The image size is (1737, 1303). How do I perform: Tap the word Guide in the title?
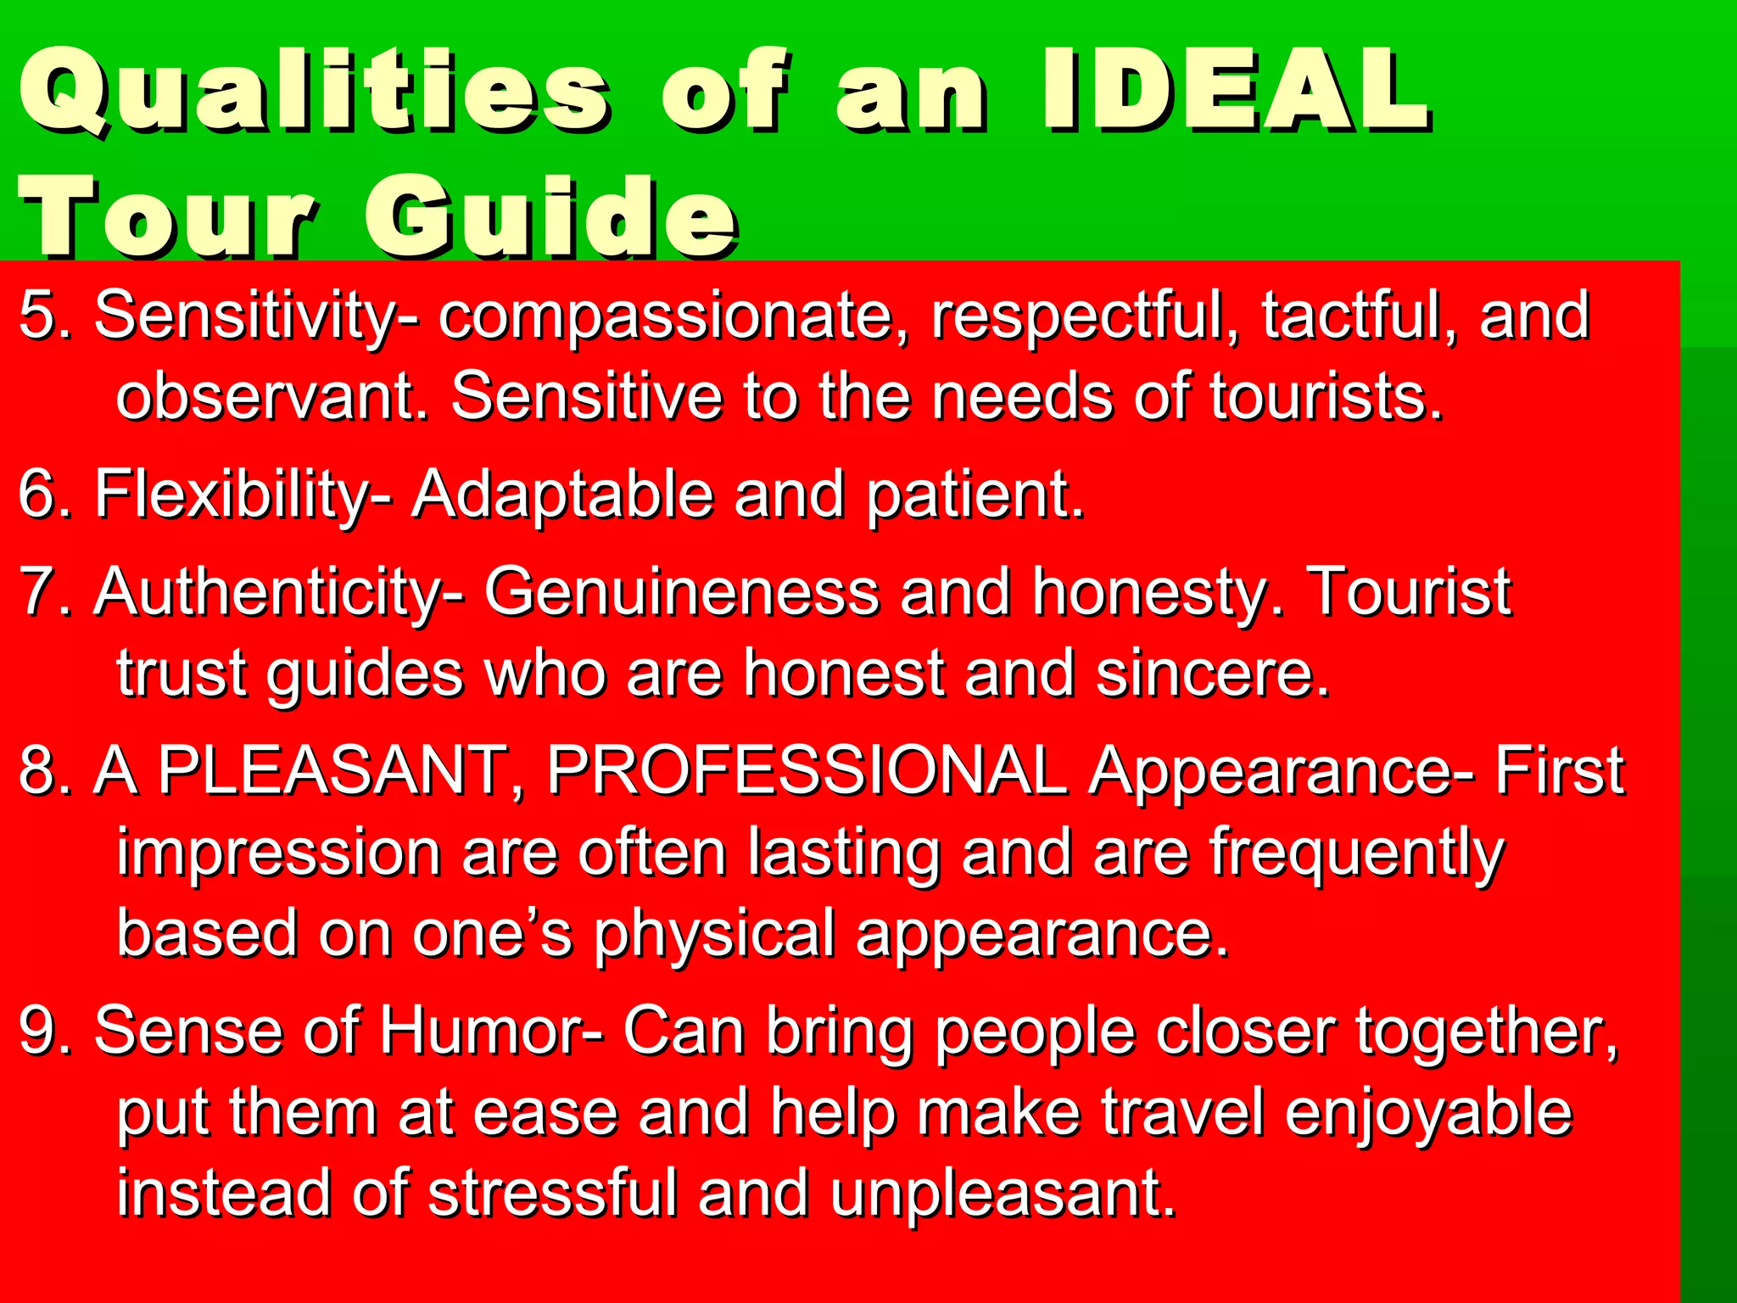tap(551, 217)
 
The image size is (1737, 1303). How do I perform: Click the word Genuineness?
tap(682, 592)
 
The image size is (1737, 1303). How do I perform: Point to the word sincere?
tap(1212, 673)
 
